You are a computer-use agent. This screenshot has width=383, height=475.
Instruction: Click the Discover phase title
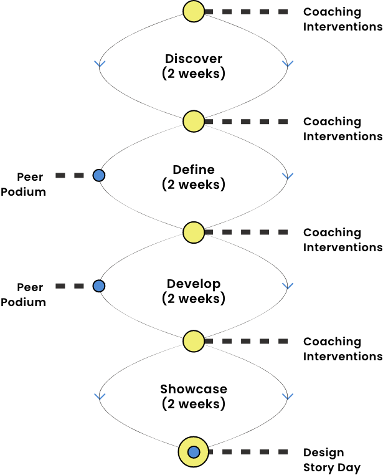tap(194, 59)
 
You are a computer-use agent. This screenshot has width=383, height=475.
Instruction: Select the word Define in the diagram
tap(194, 170)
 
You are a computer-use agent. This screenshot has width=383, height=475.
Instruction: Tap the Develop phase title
tap(194, 284)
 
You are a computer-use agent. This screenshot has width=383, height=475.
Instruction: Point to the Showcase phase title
tap(194, 389)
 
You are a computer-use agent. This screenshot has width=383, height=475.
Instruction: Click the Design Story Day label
tap(332, 460)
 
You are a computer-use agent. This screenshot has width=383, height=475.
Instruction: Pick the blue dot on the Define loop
tap(98, 175)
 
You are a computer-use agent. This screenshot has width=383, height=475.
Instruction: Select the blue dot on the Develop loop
tap(98, 286)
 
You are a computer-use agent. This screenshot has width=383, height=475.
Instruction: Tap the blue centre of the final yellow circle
tap(194, 452)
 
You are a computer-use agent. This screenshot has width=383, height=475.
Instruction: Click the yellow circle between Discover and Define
tap(194, 121)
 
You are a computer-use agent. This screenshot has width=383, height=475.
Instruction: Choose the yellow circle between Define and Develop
tap(194, 233)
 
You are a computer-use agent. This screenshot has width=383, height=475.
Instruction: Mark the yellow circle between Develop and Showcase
tap(194, 341)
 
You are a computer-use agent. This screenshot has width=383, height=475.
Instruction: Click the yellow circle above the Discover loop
tap(194, 11)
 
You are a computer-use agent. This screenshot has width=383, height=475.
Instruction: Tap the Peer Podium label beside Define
tap(23, 184)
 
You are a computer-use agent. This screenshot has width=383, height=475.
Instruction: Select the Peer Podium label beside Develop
tap(23, 294)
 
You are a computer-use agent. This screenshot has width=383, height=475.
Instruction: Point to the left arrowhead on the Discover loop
tap(100, 64)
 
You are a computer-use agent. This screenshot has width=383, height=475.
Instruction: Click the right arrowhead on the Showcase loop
tap(288, 396)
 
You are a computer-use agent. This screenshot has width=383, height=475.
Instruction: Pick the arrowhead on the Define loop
tap(288, 176)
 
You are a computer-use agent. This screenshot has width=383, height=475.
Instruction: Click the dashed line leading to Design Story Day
tap(248, 452)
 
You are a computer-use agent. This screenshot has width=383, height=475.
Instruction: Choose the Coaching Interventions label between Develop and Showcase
tap(343, 348)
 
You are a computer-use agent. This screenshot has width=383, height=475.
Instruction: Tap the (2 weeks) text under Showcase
tap(194, 404)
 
